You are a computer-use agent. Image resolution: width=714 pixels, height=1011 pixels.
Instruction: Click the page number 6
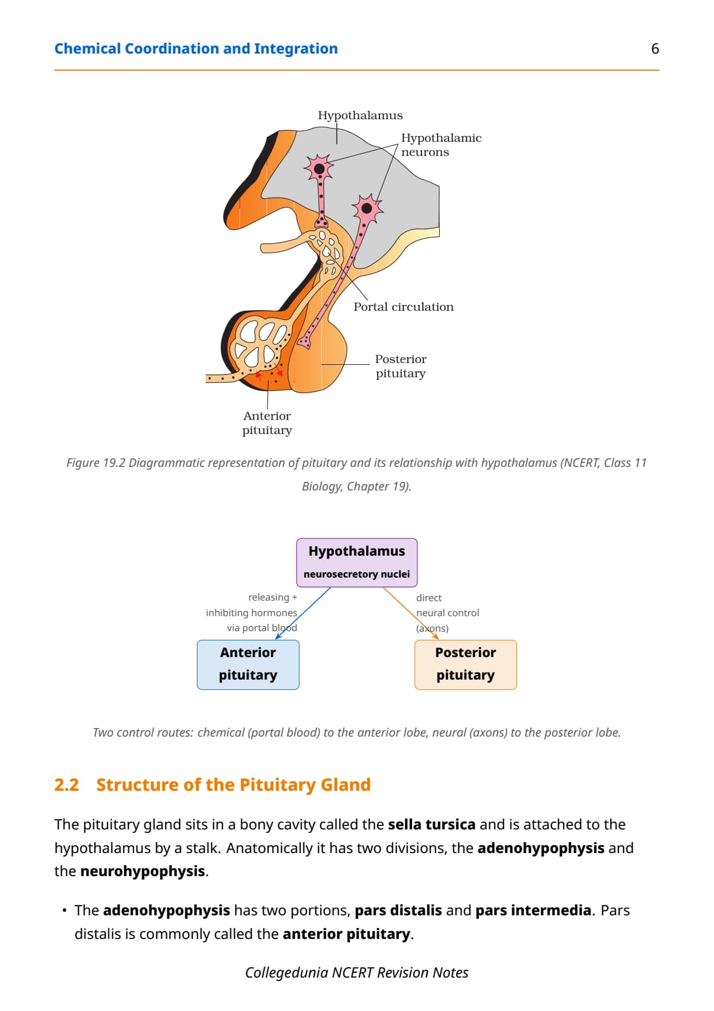coord(655,48)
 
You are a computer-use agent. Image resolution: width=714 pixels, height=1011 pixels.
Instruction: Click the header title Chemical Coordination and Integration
coord(196,48)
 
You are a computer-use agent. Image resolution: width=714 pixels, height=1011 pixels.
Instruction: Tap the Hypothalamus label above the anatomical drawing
coord(360,115)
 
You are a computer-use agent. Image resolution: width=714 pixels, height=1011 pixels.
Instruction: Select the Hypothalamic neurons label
coord(441,145)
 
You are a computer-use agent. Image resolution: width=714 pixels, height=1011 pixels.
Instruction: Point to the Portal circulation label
coord(404,307)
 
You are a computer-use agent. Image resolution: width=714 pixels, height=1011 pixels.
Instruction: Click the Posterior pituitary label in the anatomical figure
coord(401,366)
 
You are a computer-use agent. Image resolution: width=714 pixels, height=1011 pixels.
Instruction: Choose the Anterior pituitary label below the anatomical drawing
coord(267,423)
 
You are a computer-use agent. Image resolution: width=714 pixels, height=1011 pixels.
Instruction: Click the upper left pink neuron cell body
coord(319,168)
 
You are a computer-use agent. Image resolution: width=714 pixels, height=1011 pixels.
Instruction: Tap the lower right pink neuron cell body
coord(367,208)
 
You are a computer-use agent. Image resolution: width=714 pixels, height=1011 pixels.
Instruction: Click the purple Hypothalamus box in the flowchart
coord(357,563)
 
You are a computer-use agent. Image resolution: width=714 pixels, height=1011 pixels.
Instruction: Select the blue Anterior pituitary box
coord(248,665)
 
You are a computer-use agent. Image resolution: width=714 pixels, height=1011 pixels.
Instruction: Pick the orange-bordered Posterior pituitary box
coord(466,665)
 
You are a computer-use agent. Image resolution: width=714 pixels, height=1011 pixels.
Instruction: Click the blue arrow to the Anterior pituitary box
coord(303,613)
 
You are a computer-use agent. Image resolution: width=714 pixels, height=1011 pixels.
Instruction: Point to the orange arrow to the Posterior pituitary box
coord(411,613)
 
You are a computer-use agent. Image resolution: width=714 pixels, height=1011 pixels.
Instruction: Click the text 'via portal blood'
coord(262,628)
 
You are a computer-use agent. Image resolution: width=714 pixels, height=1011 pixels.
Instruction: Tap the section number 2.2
coord(66,784)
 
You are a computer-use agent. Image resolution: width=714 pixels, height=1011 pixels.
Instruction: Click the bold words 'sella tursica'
coord(432,824)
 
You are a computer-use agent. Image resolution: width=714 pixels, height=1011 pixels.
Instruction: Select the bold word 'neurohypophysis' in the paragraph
coord(143,871)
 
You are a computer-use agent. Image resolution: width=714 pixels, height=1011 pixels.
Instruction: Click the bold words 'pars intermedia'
coord(533,910)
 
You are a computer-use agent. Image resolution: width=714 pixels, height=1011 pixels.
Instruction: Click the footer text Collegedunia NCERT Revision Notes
coord(357,972)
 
